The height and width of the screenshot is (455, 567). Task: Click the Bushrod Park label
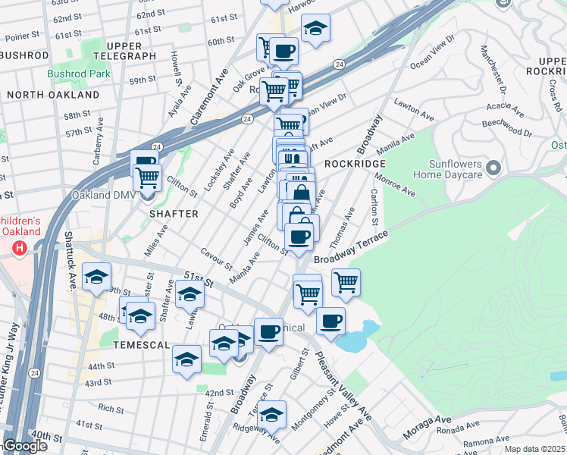pyautogui.click(x=79, y=74)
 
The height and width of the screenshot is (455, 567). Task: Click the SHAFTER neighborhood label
pyautogui.click(x=174, y=214)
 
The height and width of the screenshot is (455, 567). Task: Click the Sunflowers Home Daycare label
pyautogui.click(x=447, y=169)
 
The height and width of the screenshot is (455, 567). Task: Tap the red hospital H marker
pyautogui.click(x=20, y=247)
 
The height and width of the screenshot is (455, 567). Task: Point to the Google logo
pyautogui.click(x=25, y=446)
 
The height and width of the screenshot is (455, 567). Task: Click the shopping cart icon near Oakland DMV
pyautogui.click(x=148, y=178)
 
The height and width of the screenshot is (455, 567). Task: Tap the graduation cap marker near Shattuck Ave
pyautogui.click(x=98, y=278)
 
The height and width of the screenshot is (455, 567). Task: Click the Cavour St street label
pyautogui.click(x=216, y=259)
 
